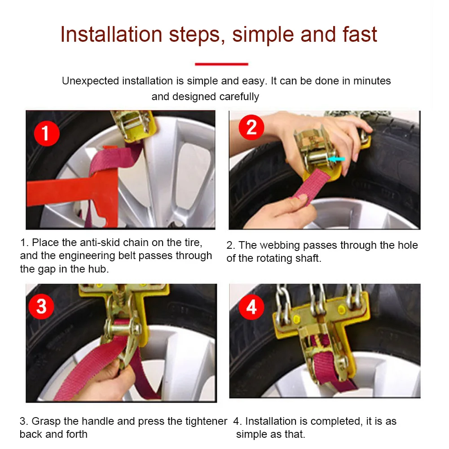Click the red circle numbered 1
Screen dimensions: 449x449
(x=47, y=133)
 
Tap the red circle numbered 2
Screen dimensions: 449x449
(x=251, y=127)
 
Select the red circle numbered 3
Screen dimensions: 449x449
(x=41, y=306)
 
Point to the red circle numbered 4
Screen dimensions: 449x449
(x=251, y=308)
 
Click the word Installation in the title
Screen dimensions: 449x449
(x=111, y=35)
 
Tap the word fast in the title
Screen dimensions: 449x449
(x=360, y=35)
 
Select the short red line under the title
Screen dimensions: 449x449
(x=221, y=64)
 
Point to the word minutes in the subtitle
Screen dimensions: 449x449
(x=372, y=81)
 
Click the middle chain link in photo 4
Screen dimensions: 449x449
(x=317, y=299)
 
